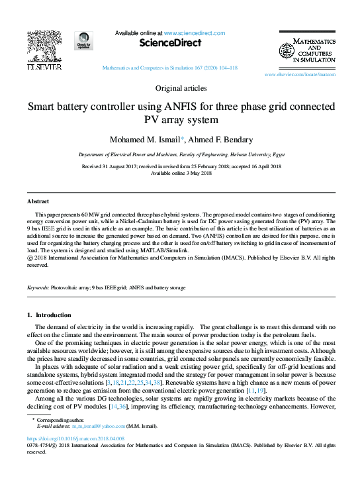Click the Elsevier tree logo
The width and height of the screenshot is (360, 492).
click(x=44, y=48)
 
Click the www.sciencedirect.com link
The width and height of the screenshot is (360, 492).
click(x=194, y=33)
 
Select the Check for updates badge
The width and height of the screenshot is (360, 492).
click(x=83, y=42)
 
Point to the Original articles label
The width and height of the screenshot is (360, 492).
click(x=180, y=88)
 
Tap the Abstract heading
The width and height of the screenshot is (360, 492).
click(x=38, y=201)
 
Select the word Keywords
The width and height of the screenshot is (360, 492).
click(x=38, y=288)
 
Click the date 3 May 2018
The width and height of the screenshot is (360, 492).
click(x=197, y=173)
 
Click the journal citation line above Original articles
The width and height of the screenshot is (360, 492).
click(x=170, y=68)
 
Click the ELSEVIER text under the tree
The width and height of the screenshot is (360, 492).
click(x=44, y=67)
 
